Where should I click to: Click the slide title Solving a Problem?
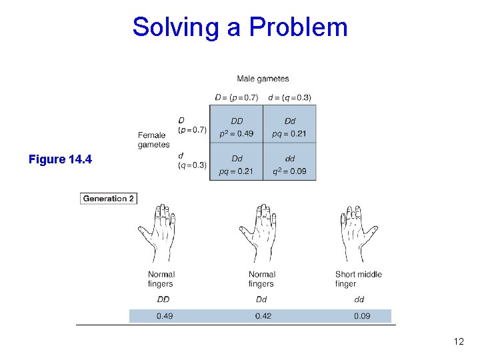tap(240, 27)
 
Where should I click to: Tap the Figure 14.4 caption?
tap(61, 159)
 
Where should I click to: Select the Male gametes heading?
tap(263, 79)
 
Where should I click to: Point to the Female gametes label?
tap(153, 139)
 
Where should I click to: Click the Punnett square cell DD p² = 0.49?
tap(237, 127)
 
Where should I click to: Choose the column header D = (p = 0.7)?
tap(237, 97)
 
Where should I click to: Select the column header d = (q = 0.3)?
tap(289, 97)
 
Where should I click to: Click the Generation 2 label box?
tap(109, 198)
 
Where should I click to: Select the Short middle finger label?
tap(359, 279)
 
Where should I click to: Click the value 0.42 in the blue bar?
tap(263, 316)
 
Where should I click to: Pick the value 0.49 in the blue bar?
tap(165, 316)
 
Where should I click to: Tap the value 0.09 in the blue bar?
tap(362, 316)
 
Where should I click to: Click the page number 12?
tap(458, 342)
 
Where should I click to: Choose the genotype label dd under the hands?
tap(359, 299)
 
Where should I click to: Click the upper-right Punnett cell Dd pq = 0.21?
tap(289, 127)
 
